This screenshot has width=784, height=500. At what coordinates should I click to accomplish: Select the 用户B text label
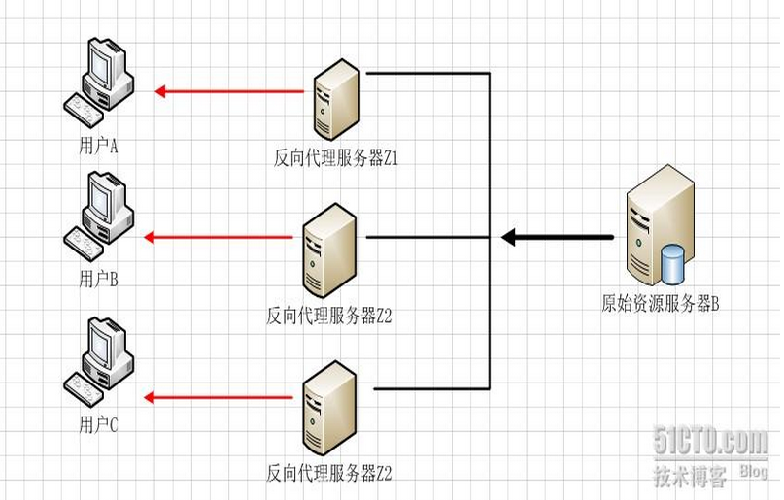coord(97,280)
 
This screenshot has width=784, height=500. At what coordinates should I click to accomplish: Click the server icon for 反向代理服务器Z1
coord(336,99)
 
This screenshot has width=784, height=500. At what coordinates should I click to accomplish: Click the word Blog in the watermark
coord(753,472)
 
